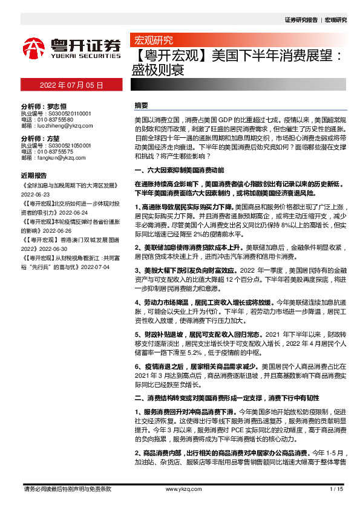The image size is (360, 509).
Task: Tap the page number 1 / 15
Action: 336,488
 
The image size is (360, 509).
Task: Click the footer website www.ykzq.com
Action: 180,488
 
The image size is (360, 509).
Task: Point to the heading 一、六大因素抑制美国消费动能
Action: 179,171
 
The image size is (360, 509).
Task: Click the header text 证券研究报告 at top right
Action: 301,20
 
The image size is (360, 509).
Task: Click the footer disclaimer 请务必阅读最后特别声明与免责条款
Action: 67,488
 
